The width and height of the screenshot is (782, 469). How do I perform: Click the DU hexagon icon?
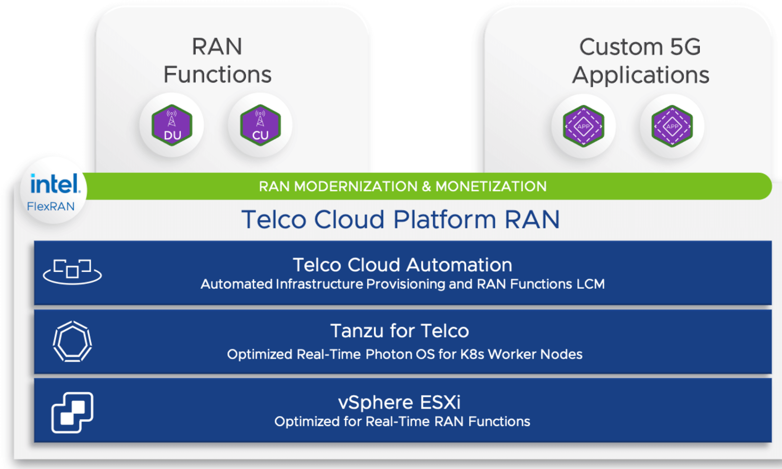tap(172, 125)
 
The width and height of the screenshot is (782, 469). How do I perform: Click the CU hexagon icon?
tap(260, 125)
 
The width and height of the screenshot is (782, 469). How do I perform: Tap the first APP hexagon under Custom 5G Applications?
tap(583, 126)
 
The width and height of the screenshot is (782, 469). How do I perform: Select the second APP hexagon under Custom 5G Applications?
tap(672, 126)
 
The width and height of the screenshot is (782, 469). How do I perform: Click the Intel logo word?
tap(55, 184)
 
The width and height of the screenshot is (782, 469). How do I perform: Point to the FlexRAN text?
tap(51, 207)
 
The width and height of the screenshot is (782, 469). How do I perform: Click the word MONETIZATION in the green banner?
tap(491, 187)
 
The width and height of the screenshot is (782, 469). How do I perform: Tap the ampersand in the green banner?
tap(427, 187)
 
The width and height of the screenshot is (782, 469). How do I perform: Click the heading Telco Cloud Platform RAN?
tap(401, 220)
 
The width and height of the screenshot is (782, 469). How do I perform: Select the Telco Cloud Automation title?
tap(402, 265)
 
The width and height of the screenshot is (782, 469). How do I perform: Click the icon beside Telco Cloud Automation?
tap(72, 272)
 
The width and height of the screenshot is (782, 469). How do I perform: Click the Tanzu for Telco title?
tap(399, 331)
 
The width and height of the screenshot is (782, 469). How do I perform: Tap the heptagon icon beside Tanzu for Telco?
tap(72, 341)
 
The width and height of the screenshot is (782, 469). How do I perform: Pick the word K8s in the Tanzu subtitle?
tap(472, 354)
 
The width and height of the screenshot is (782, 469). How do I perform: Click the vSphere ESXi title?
tap(399, 402)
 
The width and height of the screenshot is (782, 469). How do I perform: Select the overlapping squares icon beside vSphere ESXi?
tap(72, 412)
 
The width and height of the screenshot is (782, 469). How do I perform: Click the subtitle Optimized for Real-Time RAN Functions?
tap(402, 422)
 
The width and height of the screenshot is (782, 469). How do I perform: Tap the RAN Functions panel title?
tap(217, 60)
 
